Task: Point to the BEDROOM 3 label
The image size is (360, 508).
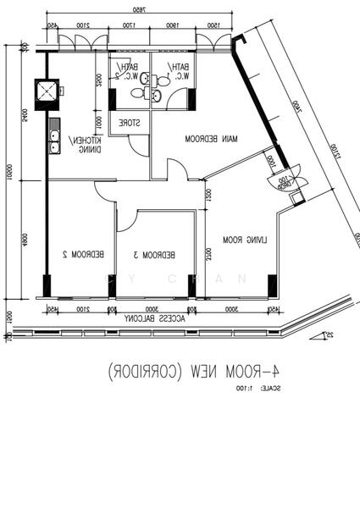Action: (155, 254)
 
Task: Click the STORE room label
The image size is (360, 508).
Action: (130, 122)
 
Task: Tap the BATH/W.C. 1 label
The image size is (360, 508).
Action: (180, 72)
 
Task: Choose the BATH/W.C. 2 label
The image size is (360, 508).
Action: (129, 72)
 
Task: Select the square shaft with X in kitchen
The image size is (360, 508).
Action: (46, 90)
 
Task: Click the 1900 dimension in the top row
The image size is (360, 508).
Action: (172, 26)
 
